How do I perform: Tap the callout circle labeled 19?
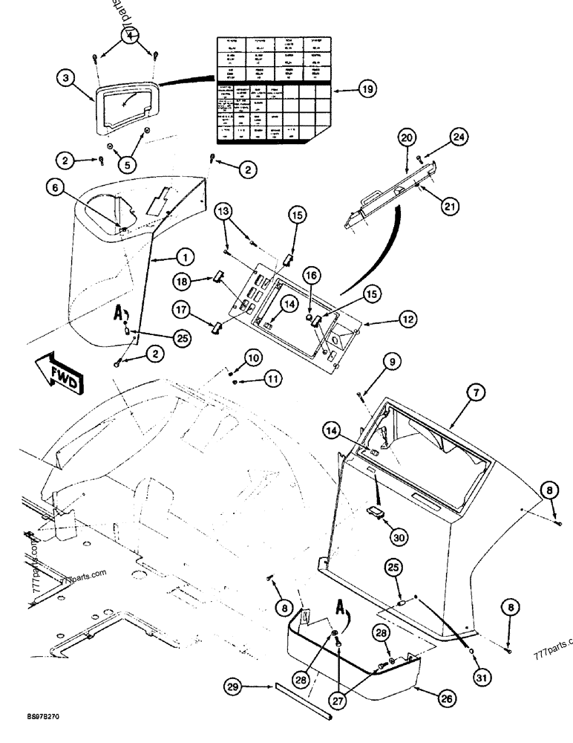tap(365, 90)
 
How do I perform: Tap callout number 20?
tap(407, 137)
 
